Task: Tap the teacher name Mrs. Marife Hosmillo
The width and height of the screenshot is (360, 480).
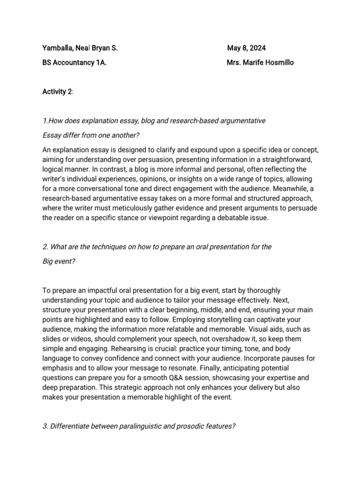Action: coord(260,62)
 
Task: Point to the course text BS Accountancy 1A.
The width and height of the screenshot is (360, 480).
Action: coord(74,62)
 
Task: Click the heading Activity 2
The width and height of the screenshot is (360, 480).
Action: coord(57,91)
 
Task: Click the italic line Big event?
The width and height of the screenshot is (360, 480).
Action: coord(59,261)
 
